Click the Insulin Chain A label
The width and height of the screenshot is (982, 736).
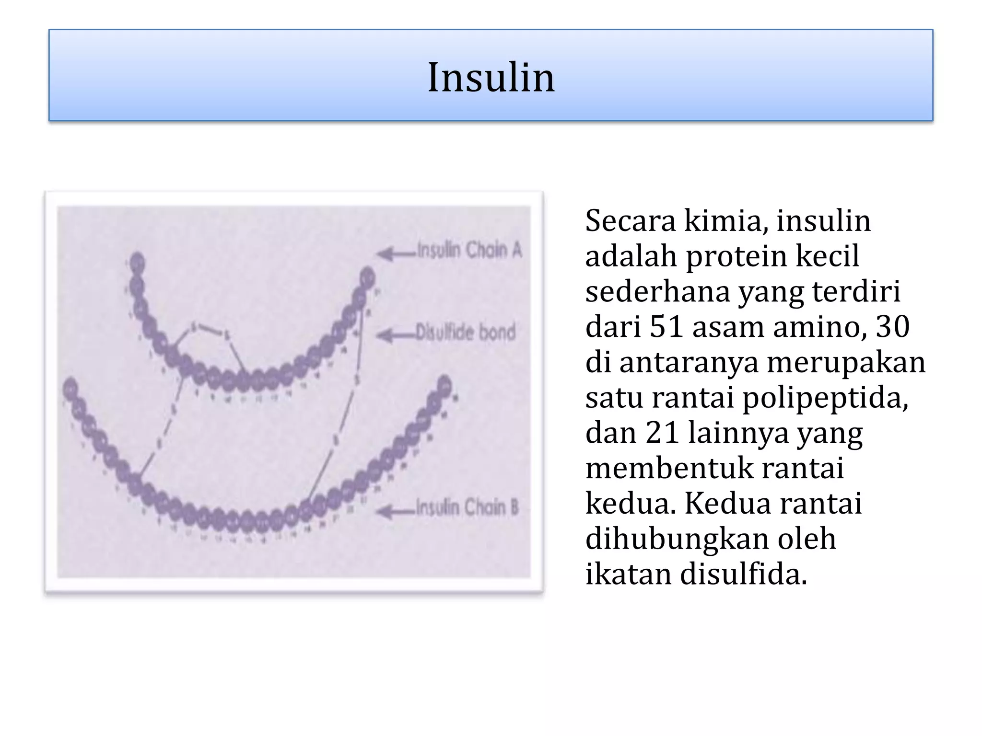[x=469, y=250]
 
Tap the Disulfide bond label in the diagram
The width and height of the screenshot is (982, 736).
[x=465, y=332]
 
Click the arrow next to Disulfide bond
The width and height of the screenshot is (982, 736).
[x=394, y=335]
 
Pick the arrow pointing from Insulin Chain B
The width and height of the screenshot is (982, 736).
[x=394, y=512]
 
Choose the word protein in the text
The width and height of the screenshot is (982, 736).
[x=737, y=256]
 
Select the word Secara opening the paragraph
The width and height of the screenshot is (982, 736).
[x=631, y=221]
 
